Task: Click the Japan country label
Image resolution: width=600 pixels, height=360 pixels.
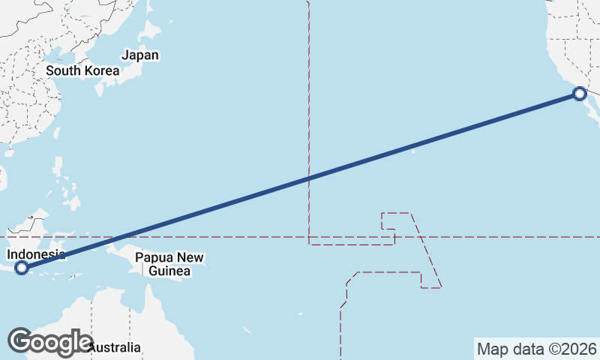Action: click(x=140, y=55)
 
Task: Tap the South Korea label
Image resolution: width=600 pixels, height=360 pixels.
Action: click(x=82, y=70)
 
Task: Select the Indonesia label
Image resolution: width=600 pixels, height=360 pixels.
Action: click(x=36, y=254)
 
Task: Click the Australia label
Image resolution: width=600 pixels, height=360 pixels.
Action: click(x=115, y=347)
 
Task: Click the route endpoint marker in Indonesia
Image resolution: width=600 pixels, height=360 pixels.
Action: click(x=22, y=267)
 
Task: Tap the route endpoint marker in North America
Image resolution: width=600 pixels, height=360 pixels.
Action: click(x=579, y=94)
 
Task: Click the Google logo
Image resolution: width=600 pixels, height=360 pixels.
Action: click(x=49, y=341)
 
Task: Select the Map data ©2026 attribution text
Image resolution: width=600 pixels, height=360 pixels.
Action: click(x=537, y=349)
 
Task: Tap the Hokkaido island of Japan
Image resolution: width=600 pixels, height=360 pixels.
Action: click(x=151, y=31)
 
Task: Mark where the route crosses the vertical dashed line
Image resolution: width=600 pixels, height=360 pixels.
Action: click(x=308, y=178)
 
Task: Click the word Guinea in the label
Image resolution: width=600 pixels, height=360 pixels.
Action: click(x=169, y=271)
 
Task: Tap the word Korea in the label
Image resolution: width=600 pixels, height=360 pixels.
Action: click(x=103, y=70)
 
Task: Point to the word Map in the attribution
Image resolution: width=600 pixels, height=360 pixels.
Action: click(x=491, y=349)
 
